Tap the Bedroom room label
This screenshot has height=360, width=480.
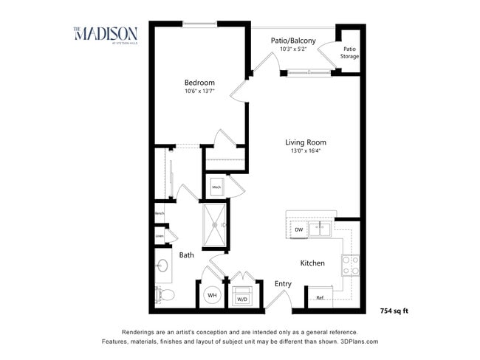point(199,83)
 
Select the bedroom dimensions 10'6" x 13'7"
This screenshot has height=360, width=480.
point(199,92)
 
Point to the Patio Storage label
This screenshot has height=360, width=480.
point(349,52)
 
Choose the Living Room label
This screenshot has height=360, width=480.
point(306,142)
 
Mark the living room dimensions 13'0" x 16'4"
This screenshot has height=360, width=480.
point(306,151)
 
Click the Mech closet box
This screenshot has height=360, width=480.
point(217,187)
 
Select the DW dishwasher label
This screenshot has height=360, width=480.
point(299,229)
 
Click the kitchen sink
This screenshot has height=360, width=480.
point(320,229)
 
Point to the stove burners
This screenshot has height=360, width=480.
point(350,264)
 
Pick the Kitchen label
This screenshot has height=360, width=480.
point(312,263)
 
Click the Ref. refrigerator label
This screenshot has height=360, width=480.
point(320,298)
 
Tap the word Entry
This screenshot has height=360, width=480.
point(283,283)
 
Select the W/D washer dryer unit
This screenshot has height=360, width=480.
point(241,297)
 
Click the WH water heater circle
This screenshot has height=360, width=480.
point(211,295)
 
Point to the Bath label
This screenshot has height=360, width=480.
point(187,255)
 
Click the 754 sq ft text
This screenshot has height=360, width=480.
point(394,311)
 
